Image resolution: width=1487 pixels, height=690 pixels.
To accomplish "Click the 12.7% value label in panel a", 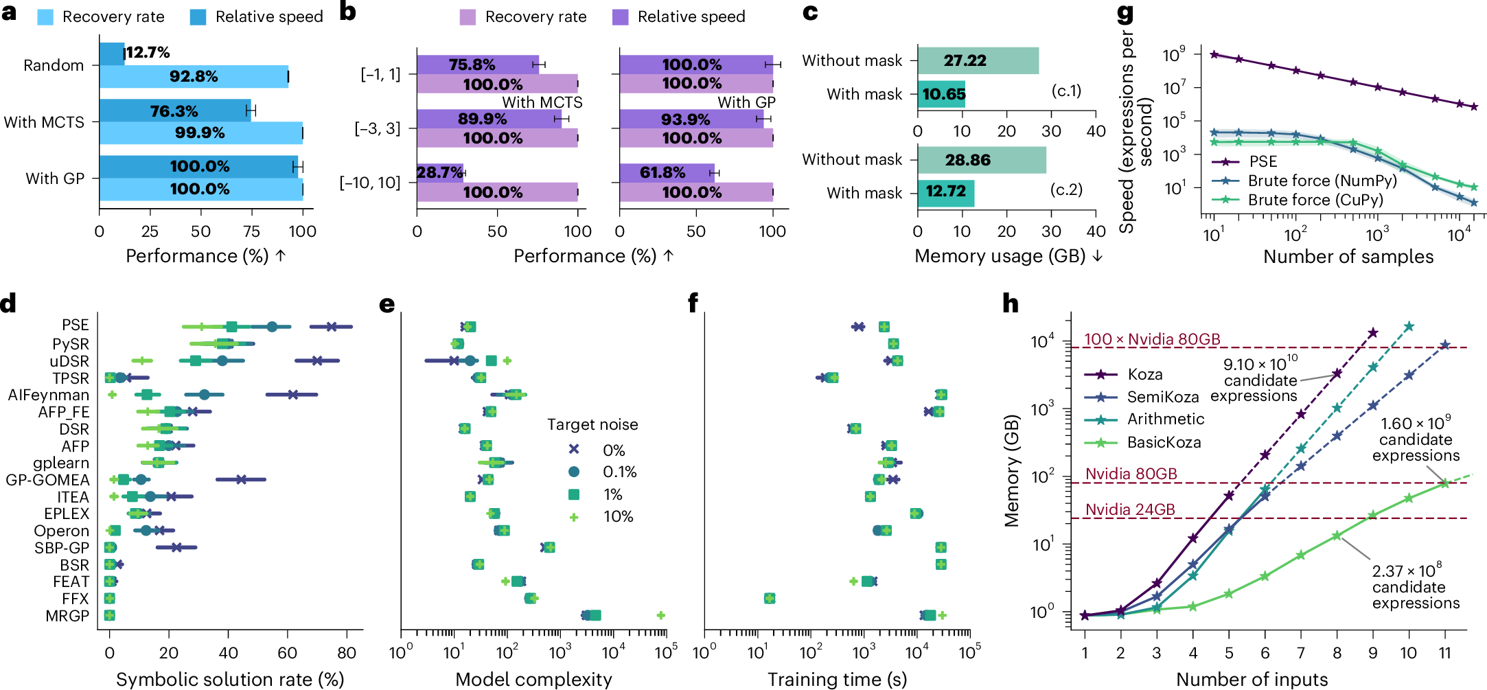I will pyautogui.click(x=148, y=53).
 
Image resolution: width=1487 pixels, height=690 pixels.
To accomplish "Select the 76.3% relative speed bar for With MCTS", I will pyautogui.click(x=175, y=111).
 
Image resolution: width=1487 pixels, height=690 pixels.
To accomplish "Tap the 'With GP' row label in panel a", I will pyautogui.click(x=55, y=179).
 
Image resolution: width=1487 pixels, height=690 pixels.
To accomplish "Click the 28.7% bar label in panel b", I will pyautogui.click(x=440, y=172).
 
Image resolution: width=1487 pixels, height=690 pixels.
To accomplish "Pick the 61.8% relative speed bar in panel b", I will pyautogui.click(x=667, y=172).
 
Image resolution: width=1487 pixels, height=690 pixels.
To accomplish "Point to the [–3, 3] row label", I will pyautogui.click(x=377, y=128).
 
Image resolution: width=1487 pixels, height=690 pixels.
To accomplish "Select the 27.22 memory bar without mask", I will pyautogui.click(x=978, y=60).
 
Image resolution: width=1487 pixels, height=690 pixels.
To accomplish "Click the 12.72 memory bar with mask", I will pyautogui.click(x=946, y=191).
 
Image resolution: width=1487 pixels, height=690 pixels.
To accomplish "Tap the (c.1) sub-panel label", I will pyautogui.click(x=1066, y=91).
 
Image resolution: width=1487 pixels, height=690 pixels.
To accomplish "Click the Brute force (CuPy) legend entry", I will pyautogui.click(x=1297, y=200).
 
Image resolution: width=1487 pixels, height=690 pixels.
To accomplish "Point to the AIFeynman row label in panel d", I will pyautogui.click(x=49, y=395).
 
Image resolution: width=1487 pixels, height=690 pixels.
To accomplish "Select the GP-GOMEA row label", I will pyautogui.click(x=48, y=480).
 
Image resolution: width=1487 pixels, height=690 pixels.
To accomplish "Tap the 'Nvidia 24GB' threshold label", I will pyautogui.click(x=1130, y=509).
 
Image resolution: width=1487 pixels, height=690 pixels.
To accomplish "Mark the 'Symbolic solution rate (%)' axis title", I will pyautogui.click(x=230, y=679).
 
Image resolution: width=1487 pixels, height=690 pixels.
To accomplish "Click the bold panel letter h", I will pyautogui.click(x=1011, y=303).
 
